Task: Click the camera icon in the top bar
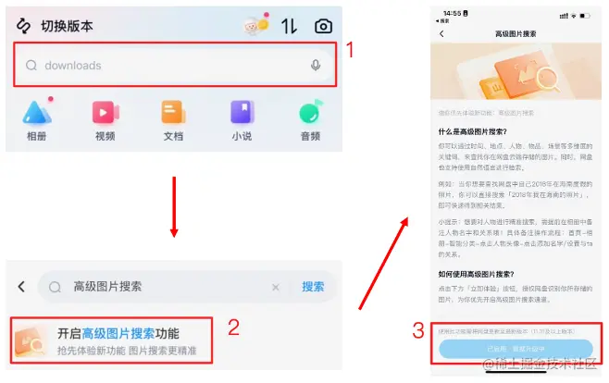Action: (x=323, y=26)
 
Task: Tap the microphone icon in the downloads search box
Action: (x=316, y=66)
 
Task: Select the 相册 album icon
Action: (x=36, y=114)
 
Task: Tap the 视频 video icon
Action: (x=105, y=114)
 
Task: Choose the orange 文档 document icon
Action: (x=173, y=114)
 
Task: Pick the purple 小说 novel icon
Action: (x=242, y=114)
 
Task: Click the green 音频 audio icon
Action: (x=310, y=114)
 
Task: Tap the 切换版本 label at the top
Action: (x=67, y=26)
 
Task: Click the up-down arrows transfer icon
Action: (x=289, y=26)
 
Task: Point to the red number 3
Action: (x=418, y=329)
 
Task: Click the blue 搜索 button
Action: (x=313, y=287)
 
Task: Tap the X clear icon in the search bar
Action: (x=275, y=287)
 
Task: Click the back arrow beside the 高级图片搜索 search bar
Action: (x=20, y=287)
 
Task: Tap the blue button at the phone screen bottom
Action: (x=516, y=348)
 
